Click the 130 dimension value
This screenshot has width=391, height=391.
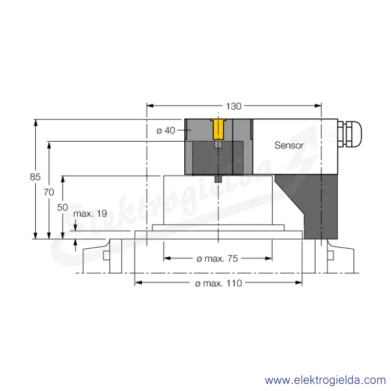click(x=234, y=107)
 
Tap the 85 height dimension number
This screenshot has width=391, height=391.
click(x=35, y=177)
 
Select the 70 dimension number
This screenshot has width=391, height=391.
click(x=49, y=192)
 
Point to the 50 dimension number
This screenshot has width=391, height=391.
click(x=63, y=207)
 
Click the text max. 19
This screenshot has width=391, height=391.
click(x=90, y=214)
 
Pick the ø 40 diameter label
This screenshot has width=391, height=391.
click(x=166, y=130)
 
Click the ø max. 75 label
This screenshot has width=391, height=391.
click(x=217, y=259)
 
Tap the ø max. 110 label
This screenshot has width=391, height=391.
click(x=218, y=283)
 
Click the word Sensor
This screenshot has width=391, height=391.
click(x=289, y=145)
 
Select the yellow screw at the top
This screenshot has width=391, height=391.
click(x=218, y=129)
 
